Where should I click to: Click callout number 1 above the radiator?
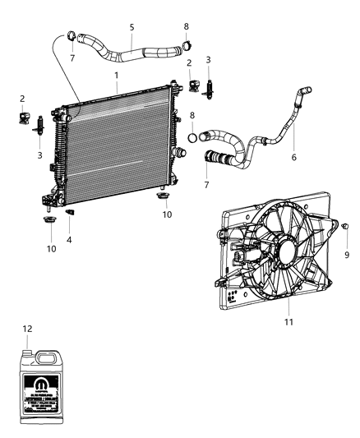(117, 76)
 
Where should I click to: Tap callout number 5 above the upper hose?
(132, 26)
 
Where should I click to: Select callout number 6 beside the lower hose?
(294, 158)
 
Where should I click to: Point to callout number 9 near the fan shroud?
(347, 256)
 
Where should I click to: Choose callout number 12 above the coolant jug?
(27, 330)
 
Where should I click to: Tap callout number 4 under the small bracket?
(69, 240)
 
